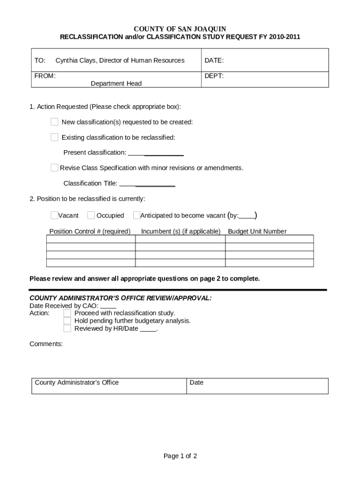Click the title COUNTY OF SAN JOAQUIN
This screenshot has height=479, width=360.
coord(180,29)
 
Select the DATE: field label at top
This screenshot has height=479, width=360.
coord(214,60)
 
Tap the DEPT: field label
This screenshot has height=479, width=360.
coord(214,76)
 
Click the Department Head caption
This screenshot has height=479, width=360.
coord(116,84)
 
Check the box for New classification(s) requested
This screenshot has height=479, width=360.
coord(55,122)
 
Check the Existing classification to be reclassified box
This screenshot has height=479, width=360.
coord(55,138)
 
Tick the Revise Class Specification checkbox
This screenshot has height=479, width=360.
coord(55,168)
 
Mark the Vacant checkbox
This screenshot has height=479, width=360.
coord(55,216)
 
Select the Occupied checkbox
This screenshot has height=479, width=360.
coord(91,216)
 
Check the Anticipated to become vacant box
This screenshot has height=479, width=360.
coord(137,216)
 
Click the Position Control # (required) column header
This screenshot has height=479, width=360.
coord(90,232)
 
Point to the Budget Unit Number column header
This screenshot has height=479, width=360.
coord(257,232)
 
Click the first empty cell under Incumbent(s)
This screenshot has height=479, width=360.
coord(180,239)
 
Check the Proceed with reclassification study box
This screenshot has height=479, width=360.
coord(67,313)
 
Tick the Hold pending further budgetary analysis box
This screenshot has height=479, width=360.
coord(67,321)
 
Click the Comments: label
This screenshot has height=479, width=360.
coord(46,344)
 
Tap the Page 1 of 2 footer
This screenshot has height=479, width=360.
coord(180,456)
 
